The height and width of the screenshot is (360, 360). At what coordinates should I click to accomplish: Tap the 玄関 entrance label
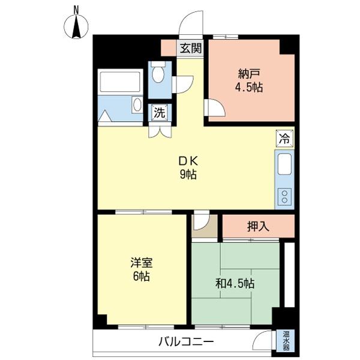191,48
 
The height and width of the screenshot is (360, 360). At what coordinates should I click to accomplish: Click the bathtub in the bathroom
120,82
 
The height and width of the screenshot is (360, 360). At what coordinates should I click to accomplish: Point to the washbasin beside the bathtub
137,104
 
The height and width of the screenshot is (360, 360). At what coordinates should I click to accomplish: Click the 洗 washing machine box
160,113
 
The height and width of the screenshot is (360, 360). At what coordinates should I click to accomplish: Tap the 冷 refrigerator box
284,138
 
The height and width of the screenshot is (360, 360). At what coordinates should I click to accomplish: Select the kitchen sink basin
284,164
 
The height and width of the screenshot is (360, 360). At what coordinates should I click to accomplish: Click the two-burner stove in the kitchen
284,197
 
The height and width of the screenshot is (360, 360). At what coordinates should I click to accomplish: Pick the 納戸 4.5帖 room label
249,80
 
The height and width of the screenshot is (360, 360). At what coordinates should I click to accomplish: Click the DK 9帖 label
188,168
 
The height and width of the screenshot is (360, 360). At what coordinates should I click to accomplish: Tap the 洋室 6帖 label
142,269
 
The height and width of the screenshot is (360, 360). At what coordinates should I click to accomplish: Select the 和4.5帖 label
235,284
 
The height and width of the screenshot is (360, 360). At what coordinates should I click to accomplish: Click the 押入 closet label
258,227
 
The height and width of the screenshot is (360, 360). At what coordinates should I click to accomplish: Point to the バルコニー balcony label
186,342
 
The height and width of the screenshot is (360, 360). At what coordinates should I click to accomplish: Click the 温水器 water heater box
286,341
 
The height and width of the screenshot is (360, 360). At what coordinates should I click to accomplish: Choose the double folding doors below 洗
160,131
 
